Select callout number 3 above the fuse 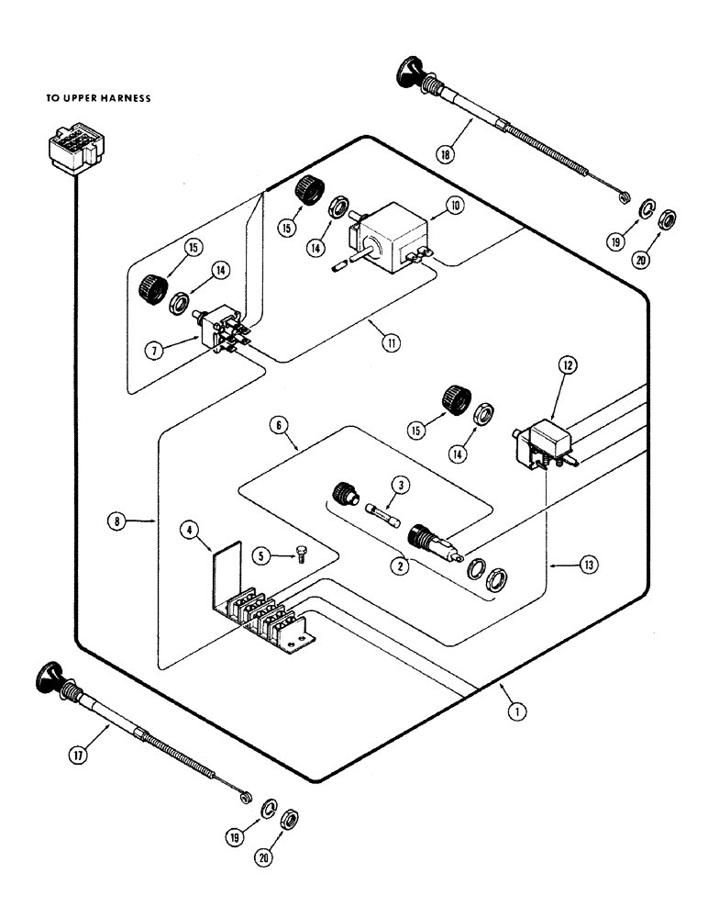[399, 485]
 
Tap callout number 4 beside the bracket [188, 530]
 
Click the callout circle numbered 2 [400, 565]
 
